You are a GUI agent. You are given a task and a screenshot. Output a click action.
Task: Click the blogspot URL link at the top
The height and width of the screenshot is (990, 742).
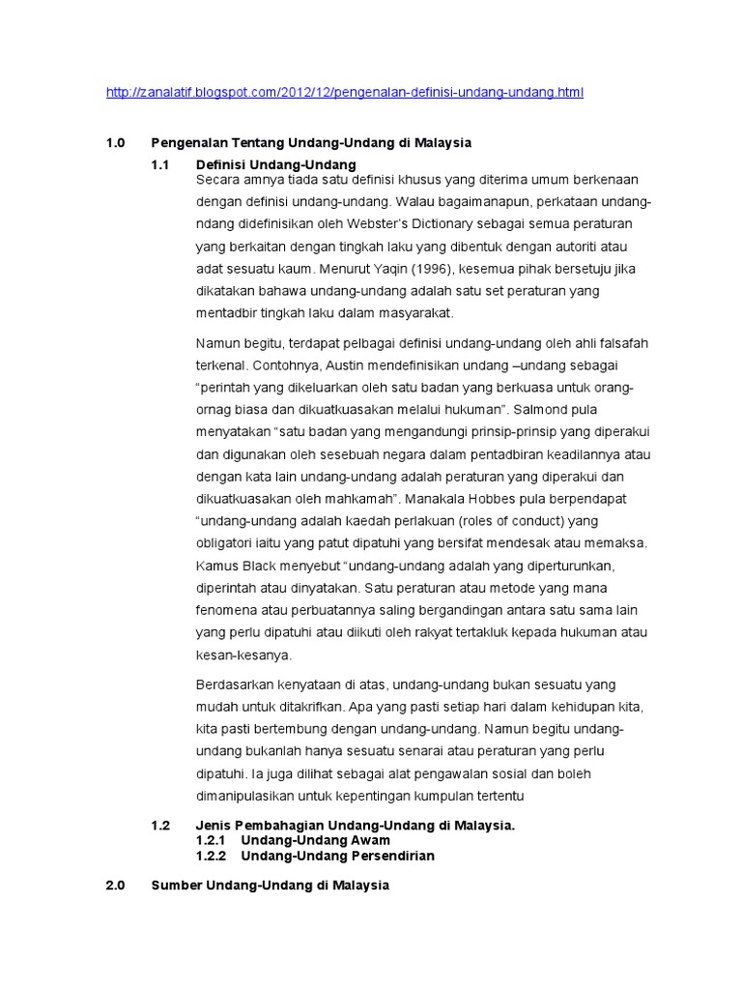tap(344, 93)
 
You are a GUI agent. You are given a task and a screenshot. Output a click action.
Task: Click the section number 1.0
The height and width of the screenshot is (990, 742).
tap(116, 143)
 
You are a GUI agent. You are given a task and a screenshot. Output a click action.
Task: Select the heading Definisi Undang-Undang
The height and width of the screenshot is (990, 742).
tap(276, 164)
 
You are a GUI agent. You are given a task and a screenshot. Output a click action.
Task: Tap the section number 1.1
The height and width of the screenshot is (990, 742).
tap(160, 164)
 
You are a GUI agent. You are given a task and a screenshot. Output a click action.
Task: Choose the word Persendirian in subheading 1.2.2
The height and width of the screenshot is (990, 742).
tap(393, 856)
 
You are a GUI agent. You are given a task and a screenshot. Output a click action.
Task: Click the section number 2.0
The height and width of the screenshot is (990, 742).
tap(116, 886)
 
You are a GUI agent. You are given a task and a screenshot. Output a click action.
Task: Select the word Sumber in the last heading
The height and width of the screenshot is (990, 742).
tap(177, 886)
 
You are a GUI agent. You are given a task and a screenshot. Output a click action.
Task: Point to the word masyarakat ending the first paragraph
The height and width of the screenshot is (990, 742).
tap(414, 312)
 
